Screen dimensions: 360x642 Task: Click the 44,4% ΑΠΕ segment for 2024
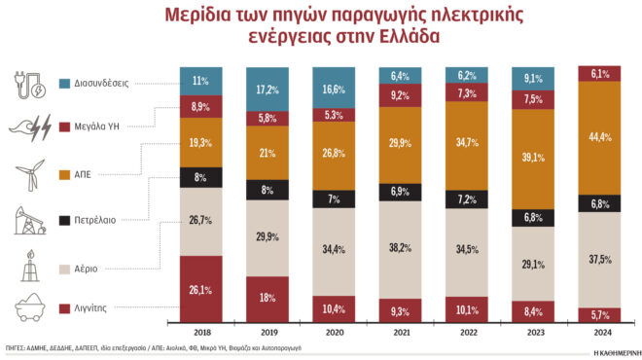click(x=599, y=137)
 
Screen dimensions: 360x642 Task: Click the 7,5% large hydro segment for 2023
click(x=533, y=99)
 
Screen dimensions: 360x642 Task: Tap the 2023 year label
click(x=533, y=331)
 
